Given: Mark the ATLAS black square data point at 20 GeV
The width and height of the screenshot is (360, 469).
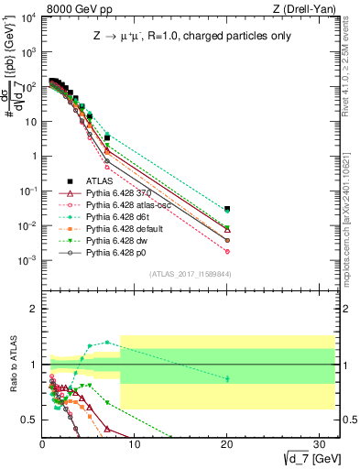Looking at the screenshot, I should (x=227, y=209).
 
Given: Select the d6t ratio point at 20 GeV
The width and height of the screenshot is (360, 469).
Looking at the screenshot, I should (x=227, y=378).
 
